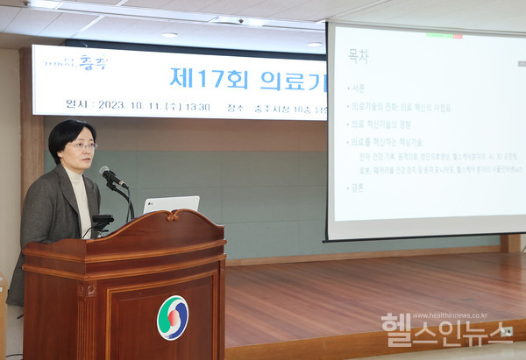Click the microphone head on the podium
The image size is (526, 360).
click(x=109, y=174)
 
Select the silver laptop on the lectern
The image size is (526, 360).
click(x=171, y=204)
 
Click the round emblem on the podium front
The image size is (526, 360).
click(x=173, y=317)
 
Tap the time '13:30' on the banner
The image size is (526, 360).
click(x=198, y=106)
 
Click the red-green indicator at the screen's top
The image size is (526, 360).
click(x=444, y=36)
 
